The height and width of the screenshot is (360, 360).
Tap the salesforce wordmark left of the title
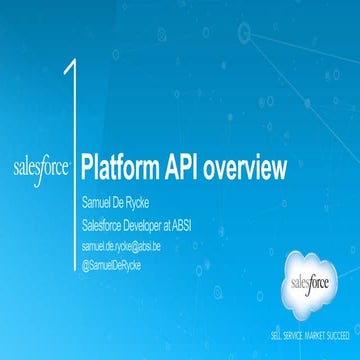coord(41,165)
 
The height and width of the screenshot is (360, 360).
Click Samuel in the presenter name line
coord(101,205)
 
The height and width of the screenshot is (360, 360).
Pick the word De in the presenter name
coord(131,205)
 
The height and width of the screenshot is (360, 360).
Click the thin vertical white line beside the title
coord(75,200)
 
